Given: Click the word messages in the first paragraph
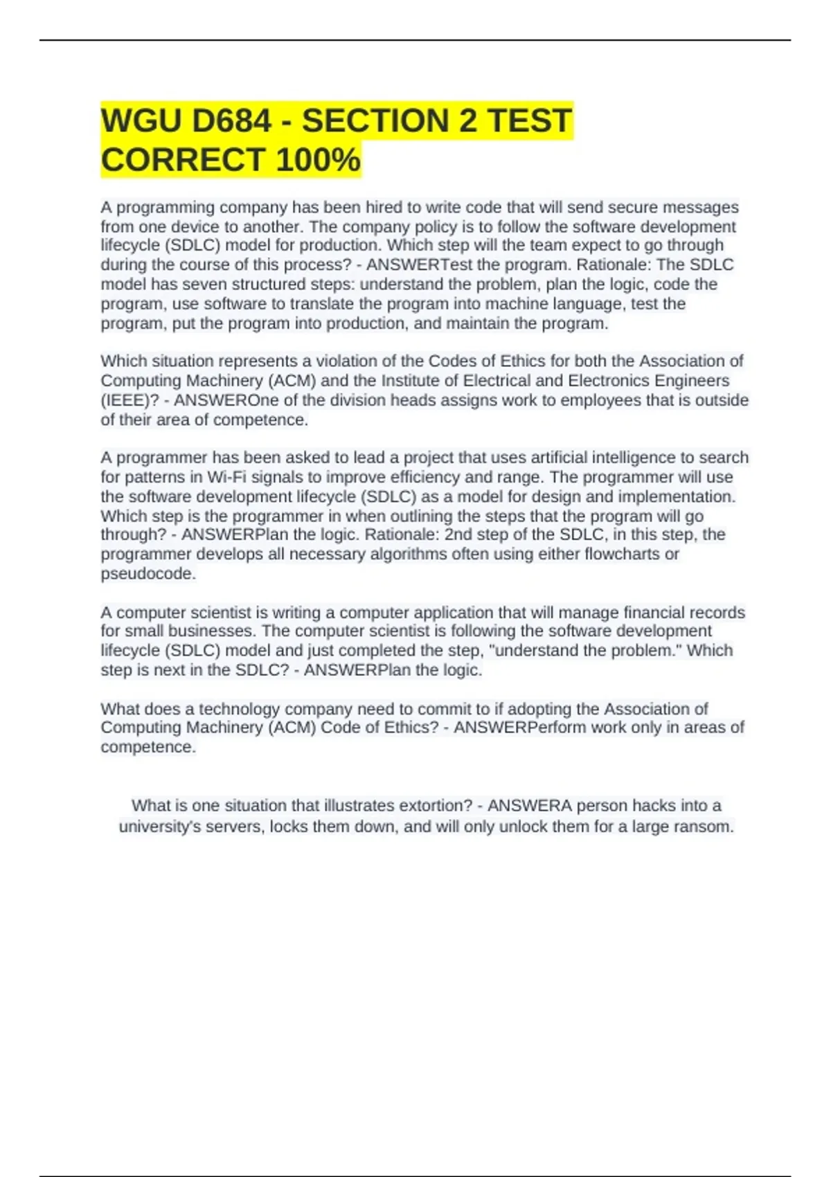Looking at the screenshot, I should [701, 207].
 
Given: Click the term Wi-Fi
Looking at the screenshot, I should [226, 477].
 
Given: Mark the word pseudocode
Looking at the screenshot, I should [148, 574].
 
